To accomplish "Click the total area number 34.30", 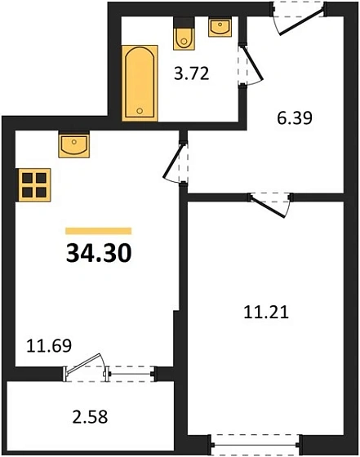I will [x=98, y=253].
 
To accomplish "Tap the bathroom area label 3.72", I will [x=193, y=75].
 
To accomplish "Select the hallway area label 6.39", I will [x=296, y=118].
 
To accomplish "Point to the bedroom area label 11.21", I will [x=267, y=310].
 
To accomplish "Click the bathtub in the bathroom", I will [x=138, y=83].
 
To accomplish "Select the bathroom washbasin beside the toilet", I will [x=220, y=27].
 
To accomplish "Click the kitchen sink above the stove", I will [x=74, y=146].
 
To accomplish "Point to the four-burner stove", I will [x=33, y=184].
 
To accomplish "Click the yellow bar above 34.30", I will [x=98, y=231].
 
